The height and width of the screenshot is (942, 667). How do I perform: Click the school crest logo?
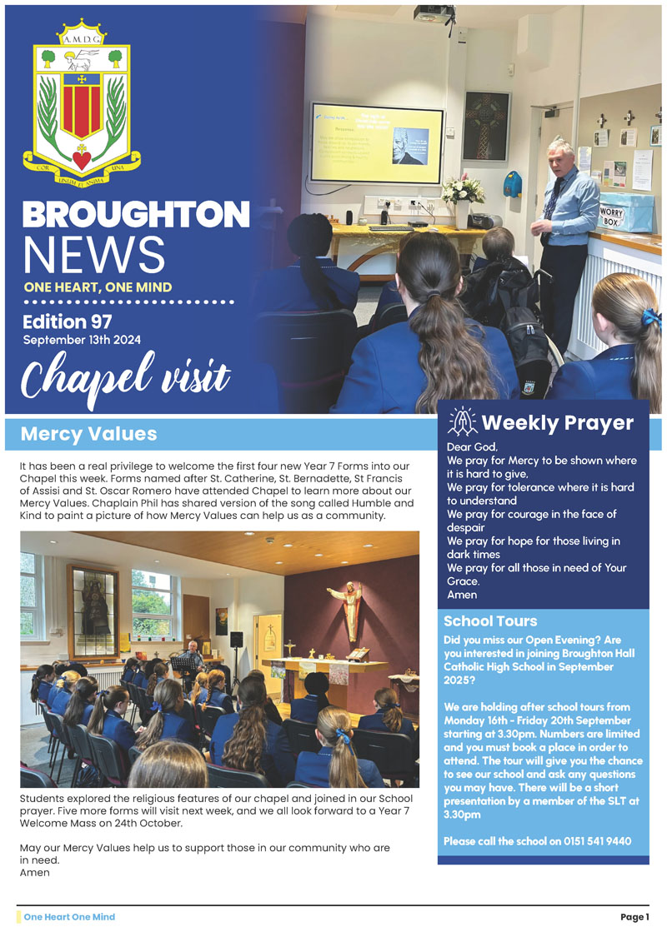point(82,97)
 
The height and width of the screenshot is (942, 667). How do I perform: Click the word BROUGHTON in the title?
point(136,215)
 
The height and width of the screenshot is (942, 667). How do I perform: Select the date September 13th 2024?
point(82,340)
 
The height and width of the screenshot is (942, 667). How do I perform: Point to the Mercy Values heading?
point(88,434)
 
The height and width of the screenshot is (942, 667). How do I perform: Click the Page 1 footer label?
point(634,917)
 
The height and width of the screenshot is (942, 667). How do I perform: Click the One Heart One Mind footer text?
point(69,917)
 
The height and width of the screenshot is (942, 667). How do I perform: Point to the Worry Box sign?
point(613,217)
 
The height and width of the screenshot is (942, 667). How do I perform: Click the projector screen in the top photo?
point(376,142)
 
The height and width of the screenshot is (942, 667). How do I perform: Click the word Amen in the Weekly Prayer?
point(462,595)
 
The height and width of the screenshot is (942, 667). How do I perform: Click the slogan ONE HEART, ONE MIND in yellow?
point(98,287)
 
